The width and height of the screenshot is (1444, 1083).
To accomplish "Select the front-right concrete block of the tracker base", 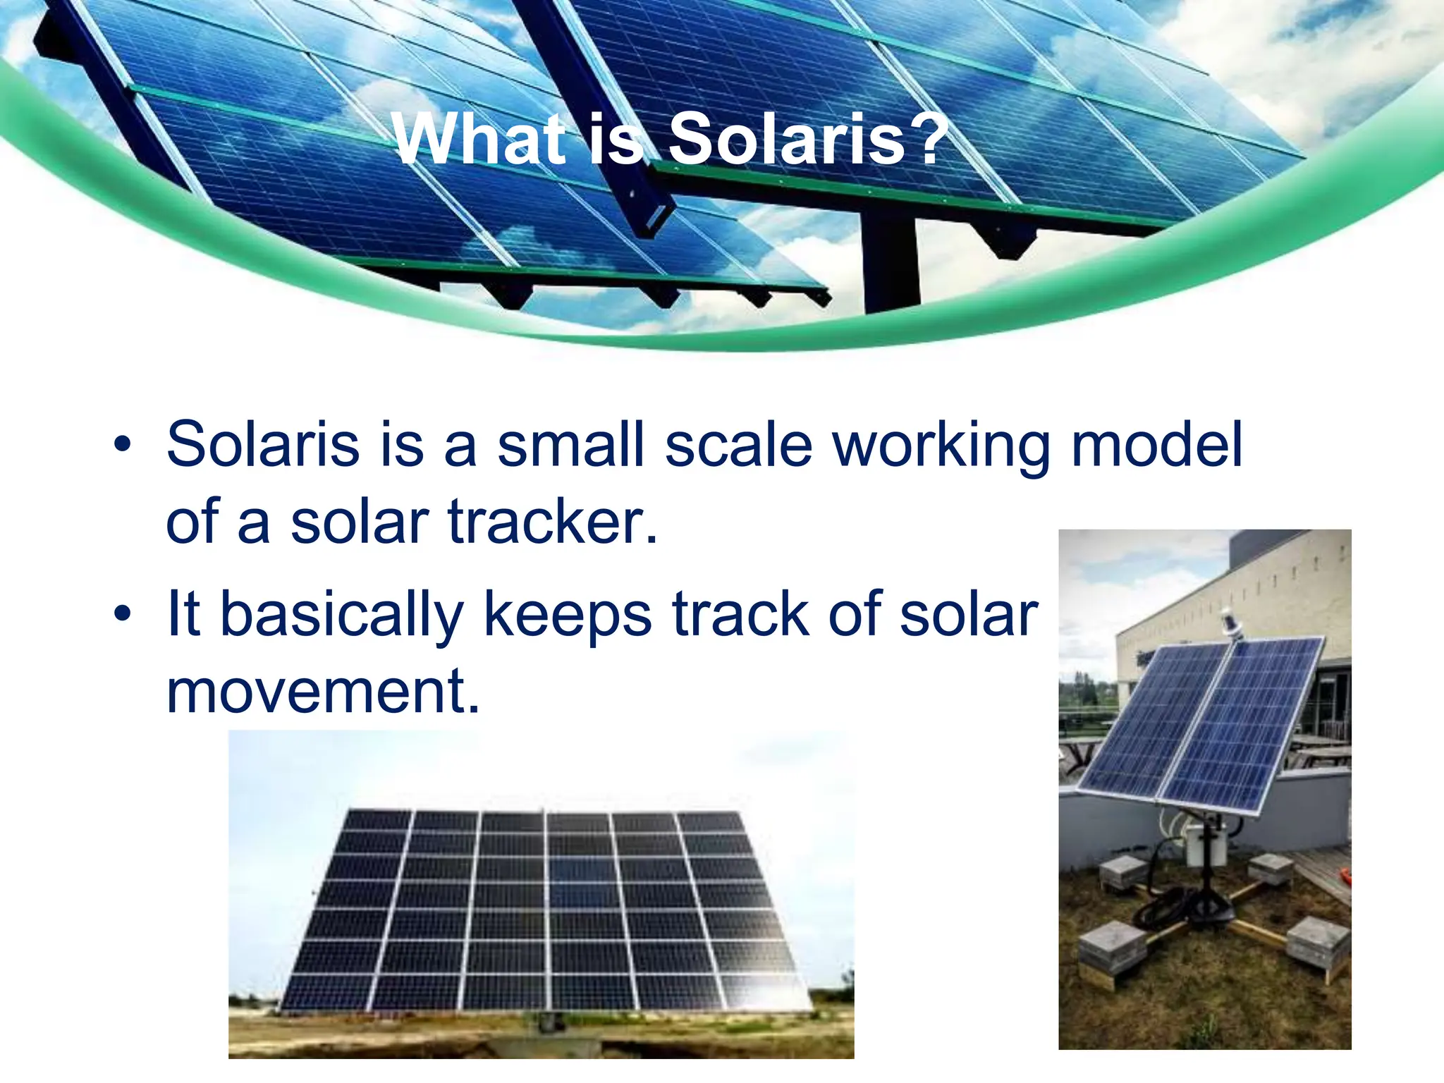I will (1317, 943).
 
